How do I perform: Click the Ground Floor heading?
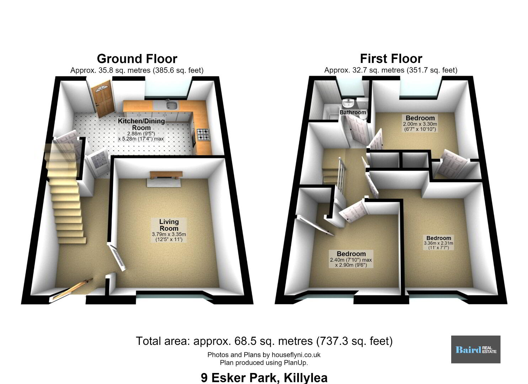coord(137,59)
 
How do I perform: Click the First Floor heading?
coord(391,59)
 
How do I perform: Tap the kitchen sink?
coord(172,105)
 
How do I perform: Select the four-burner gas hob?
coord(203,135)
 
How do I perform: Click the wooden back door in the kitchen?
coord(103,98)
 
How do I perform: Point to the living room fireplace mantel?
coord(166,175)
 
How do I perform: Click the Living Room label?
coord(169,225)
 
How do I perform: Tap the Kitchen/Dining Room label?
coord(141,124)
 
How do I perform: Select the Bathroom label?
coord(353,112)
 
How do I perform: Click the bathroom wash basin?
coord(348,103)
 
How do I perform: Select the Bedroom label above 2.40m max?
coord(351,254)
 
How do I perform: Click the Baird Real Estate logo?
coord(476,350)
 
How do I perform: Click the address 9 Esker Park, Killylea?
coord(264,377)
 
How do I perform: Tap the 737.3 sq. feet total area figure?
coord(354,341)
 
